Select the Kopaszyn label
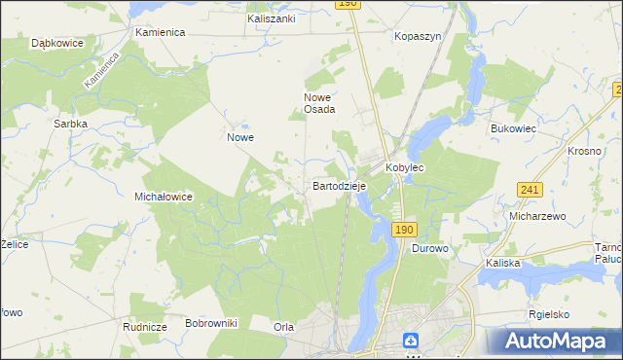pos(418,35)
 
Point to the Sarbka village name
pos(71,125)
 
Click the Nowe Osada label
pos(319,103)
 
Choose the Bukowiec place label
pos(514,127)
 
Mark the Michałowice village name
pos(163,197)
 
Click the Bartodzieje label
pos(339,185)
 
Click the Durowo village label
pos(429,249)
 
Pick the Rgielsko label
pos(549,314)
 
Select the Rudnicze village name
pos(143,328)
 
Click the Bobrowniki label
pos(211,322)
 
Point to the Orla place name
pos(284,328)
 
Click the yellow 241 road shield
pos(530,190)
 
